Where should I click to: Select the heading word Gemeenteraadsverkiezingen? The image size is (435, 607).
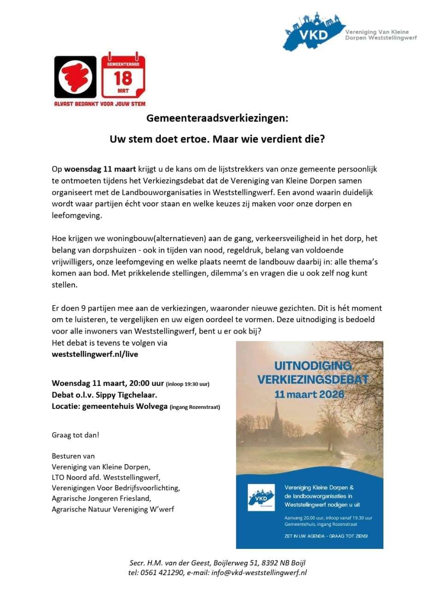(x=217, y=118)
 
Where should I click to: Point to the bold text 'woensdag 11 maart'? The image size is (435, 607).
(x=100, y=169)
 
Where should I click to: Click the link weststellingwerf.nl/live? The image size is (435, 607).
(x=95, y=354)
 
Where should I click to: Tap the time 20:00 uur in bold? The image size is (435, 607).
(x=146, y=383)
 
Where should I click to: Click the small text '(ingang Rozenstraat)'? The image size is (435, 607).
(x=195, y=407)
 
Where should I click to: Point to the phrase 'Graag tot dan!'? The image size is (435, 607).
(x=75, y=435)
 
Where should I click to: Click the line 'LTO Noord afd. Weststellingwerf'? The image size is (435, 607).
(x=106, y=477)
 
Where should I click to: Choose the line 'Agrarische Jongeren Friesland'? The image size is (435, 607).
(x=101, y=498)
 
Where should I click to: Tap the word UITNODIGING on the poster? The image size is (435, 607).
(x=313, y=366)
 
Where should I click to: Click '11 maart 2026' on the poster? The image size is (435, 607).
(x=309, y=395)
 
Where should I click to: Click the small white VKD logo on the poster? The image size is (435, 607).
(x=261, y=497)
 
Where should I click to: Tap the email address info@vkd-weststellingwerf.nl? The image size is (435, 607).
(x=259, y=573)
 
